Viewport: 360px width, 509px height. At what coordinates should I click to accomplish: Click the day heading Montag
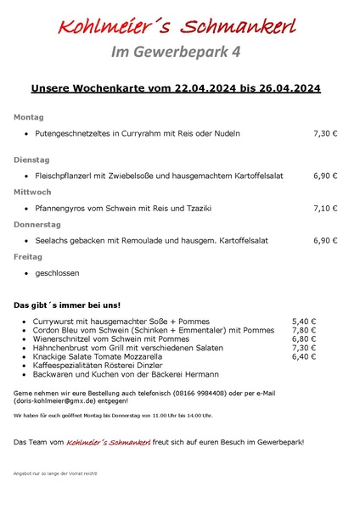(28, 117)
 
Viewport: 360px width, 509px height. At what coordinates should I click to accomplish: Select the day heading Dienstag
(31, 159)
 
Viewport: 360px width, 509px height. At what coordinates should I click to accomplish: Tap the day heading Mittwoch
(32, 192)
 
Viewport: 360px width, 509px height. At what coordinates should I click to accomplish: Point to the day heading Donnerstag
(37, 224)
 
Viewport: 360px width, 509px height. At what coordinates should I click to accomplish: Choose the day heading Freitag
(28, 256)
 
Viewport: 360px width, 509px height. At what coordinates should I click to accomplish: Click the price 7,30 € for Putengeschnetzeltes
(325, 134)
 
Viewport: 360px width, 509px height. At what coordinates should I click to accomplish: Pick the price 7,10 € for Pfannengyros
(325, 208)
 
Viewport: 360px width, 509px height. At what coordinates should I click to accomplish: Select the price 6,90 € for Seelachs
(325, 240)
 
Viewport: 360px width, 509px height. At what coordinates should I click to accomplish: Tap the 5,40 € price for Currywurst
(304, 322)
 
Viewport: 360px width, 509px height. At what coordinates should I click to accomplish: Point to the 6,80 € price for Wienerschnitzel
(304, 339)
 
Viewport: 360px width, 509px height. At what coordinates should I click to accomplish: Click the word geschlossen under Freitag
(56, 273)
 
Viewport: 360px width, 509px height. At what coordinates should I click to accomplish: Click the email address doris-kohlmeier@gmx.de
(53, 402)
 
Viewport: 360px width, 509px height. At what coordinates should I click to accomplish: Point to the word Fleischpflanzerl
(65, 176)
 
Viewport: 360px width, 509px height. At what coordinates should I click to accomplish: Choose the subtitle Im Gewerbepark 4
(176, 52)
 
